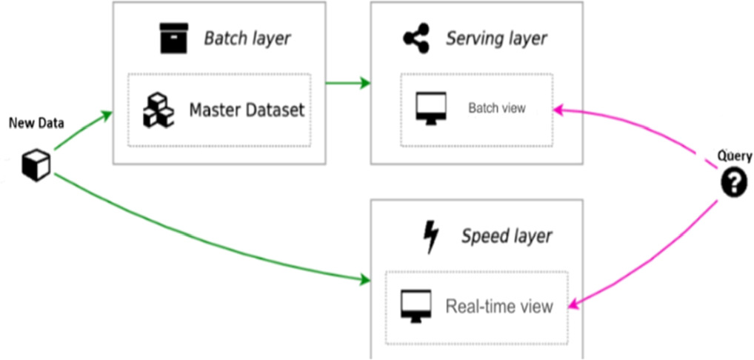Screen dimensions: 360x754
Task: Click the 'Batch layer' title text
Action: [x=247, y=39]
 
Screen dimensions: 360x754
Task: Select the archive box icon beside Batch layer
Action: [x=174, y=39]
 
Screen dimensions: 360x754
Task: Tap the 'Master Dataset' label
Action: [x=247, y=110]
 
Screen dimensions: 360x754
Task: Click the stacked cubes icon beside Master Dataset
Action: [x=159, y=110]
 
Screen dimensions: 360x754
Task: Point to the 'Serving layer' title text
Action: [x=496, y=39]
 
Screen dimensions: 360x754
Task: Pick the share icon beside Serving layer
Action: [x=416, y=39]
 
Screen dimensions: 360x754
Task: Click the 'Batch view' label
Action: [x=496, y=108]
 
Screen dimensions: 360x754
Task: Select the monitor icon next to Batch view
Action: [x=429, y=109]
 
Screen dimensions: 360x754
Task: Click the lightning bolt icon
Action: [x=430, y=237]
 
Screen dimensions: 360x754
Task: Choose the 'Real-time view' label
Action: [x=498, y=306]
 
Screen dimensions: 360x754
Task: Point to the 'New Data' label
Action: [x=36, y=123]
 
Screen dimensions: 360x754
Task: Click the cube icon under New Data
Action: [x=36, y=164]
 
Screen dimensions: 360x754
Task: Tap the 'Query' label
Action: [x=734, y=156]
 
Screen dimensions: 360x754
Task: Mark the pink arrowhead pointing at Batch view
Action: [x=561, y=110]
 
